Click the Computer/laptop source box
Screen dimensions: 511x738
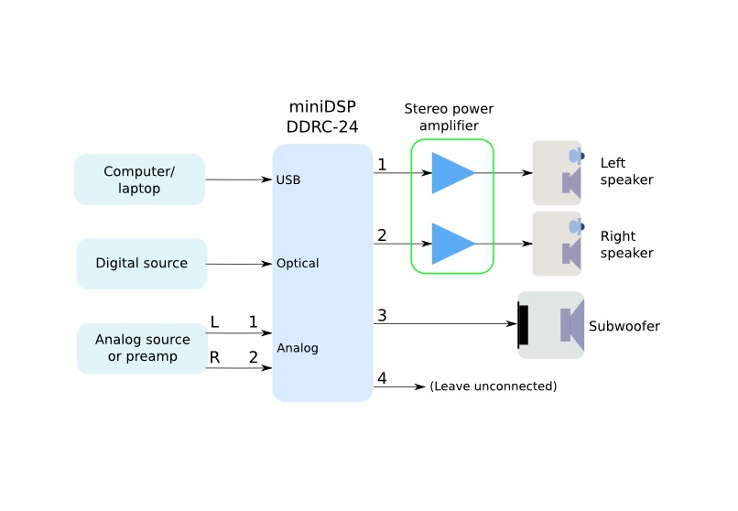click(x=139, y=179)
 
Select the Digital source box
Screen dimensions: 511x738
click(x=141, y=264)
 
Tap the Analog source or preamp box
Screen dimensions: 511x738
click(x=142, y=348)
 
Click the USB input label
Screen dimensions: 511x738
click(x=288, y=180)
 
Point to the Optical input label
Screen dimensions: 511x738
click(x=297, y=264)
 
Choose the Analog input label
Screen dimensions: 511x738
click(x=297, y=348)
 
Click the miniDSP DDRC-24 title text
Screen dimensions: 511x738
click(x=322, y=116)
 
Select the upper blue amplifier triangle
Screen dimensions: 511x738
click(x=451, y=173)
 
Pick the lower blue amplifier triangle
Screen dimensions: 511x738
click(x=451, y=244)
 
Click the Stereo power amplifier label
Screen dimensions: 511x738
click(x=453, y=117)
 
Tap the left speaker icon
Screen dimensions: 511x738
click(x=558, y=173)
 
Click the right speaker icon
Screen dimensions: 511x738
click(x=558, y=244)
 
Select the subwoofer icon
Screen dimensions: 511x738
click(x=550, y=325)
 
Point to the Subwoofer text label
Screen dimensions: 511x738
click(x=624, y=326)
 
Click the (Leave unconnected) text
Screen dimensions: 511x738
click(x=493, y=386)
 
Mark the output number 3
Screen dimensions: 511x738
click(x=382, y=315)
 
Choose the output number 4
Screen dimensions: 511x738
click(x=382, y=378)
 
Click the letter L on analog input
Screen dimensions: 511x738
click(x=214, y=322)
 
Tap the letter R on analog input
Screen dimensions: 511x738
click(x=214, y=357)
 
